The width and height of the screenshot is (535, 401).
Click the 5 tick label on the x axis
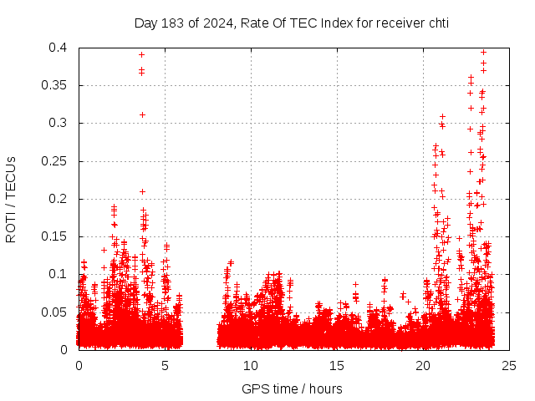pos(165,365)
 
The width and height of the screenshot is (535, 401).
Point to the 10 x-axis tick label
pos(251,365)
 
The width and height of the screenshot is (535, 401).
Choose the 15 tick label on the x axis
pos(337,365)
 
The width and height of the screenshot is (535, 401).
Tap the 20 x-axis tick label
pos(423,365)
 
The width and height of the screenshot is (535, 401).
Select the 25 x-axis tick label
pos(509,365)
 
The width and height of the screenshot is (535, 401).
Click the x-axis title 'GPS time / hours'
pos(292,388)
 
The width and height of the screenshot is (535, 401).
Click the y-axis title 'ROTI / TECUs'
pos(11,199)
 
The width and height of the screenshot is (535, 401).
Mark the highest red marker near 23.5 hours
pos(483,52)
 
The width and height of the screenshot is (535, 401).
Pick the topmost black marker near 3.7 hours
pos(142,54)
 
